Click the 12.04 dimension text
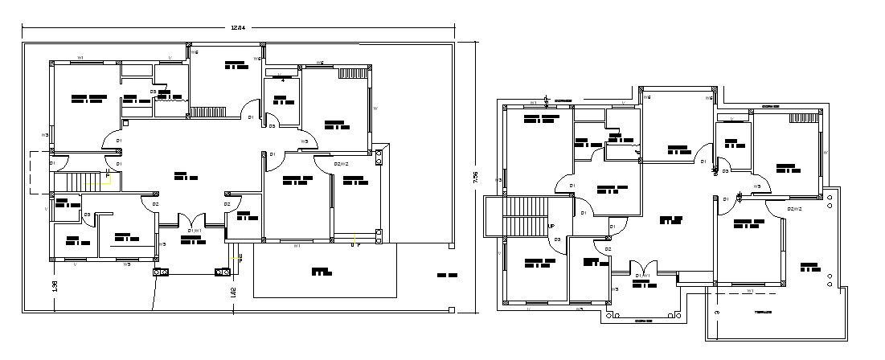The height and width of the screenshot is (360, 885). [x=236, y=28]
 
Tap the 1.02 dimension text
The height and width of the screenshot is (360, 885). [x=233, y=292]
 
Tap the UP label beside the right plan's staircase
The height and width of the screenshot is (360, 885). [x=551, y=227]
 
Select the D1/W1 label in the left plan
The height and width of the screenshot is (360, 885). [x=194, y=231]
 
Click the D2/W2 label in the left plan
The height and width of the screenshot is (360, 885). [x=342, y=164]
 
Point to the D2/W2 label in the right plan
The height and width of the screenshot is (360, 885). [x=794, y=209]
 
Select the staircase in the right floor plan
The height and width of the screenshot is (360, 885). [x=525, y=217]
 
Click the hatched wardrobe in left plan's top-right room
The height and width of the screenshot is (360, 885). [x=351, y=72]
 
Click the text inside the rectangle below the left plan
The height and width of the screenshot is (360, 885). [x=321, y=272]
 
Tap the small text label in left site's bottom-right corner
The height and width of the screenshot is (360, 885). [x=447, y=276]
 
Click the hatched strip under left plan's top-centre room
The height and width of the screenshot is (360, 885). [x=214, y=112]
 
